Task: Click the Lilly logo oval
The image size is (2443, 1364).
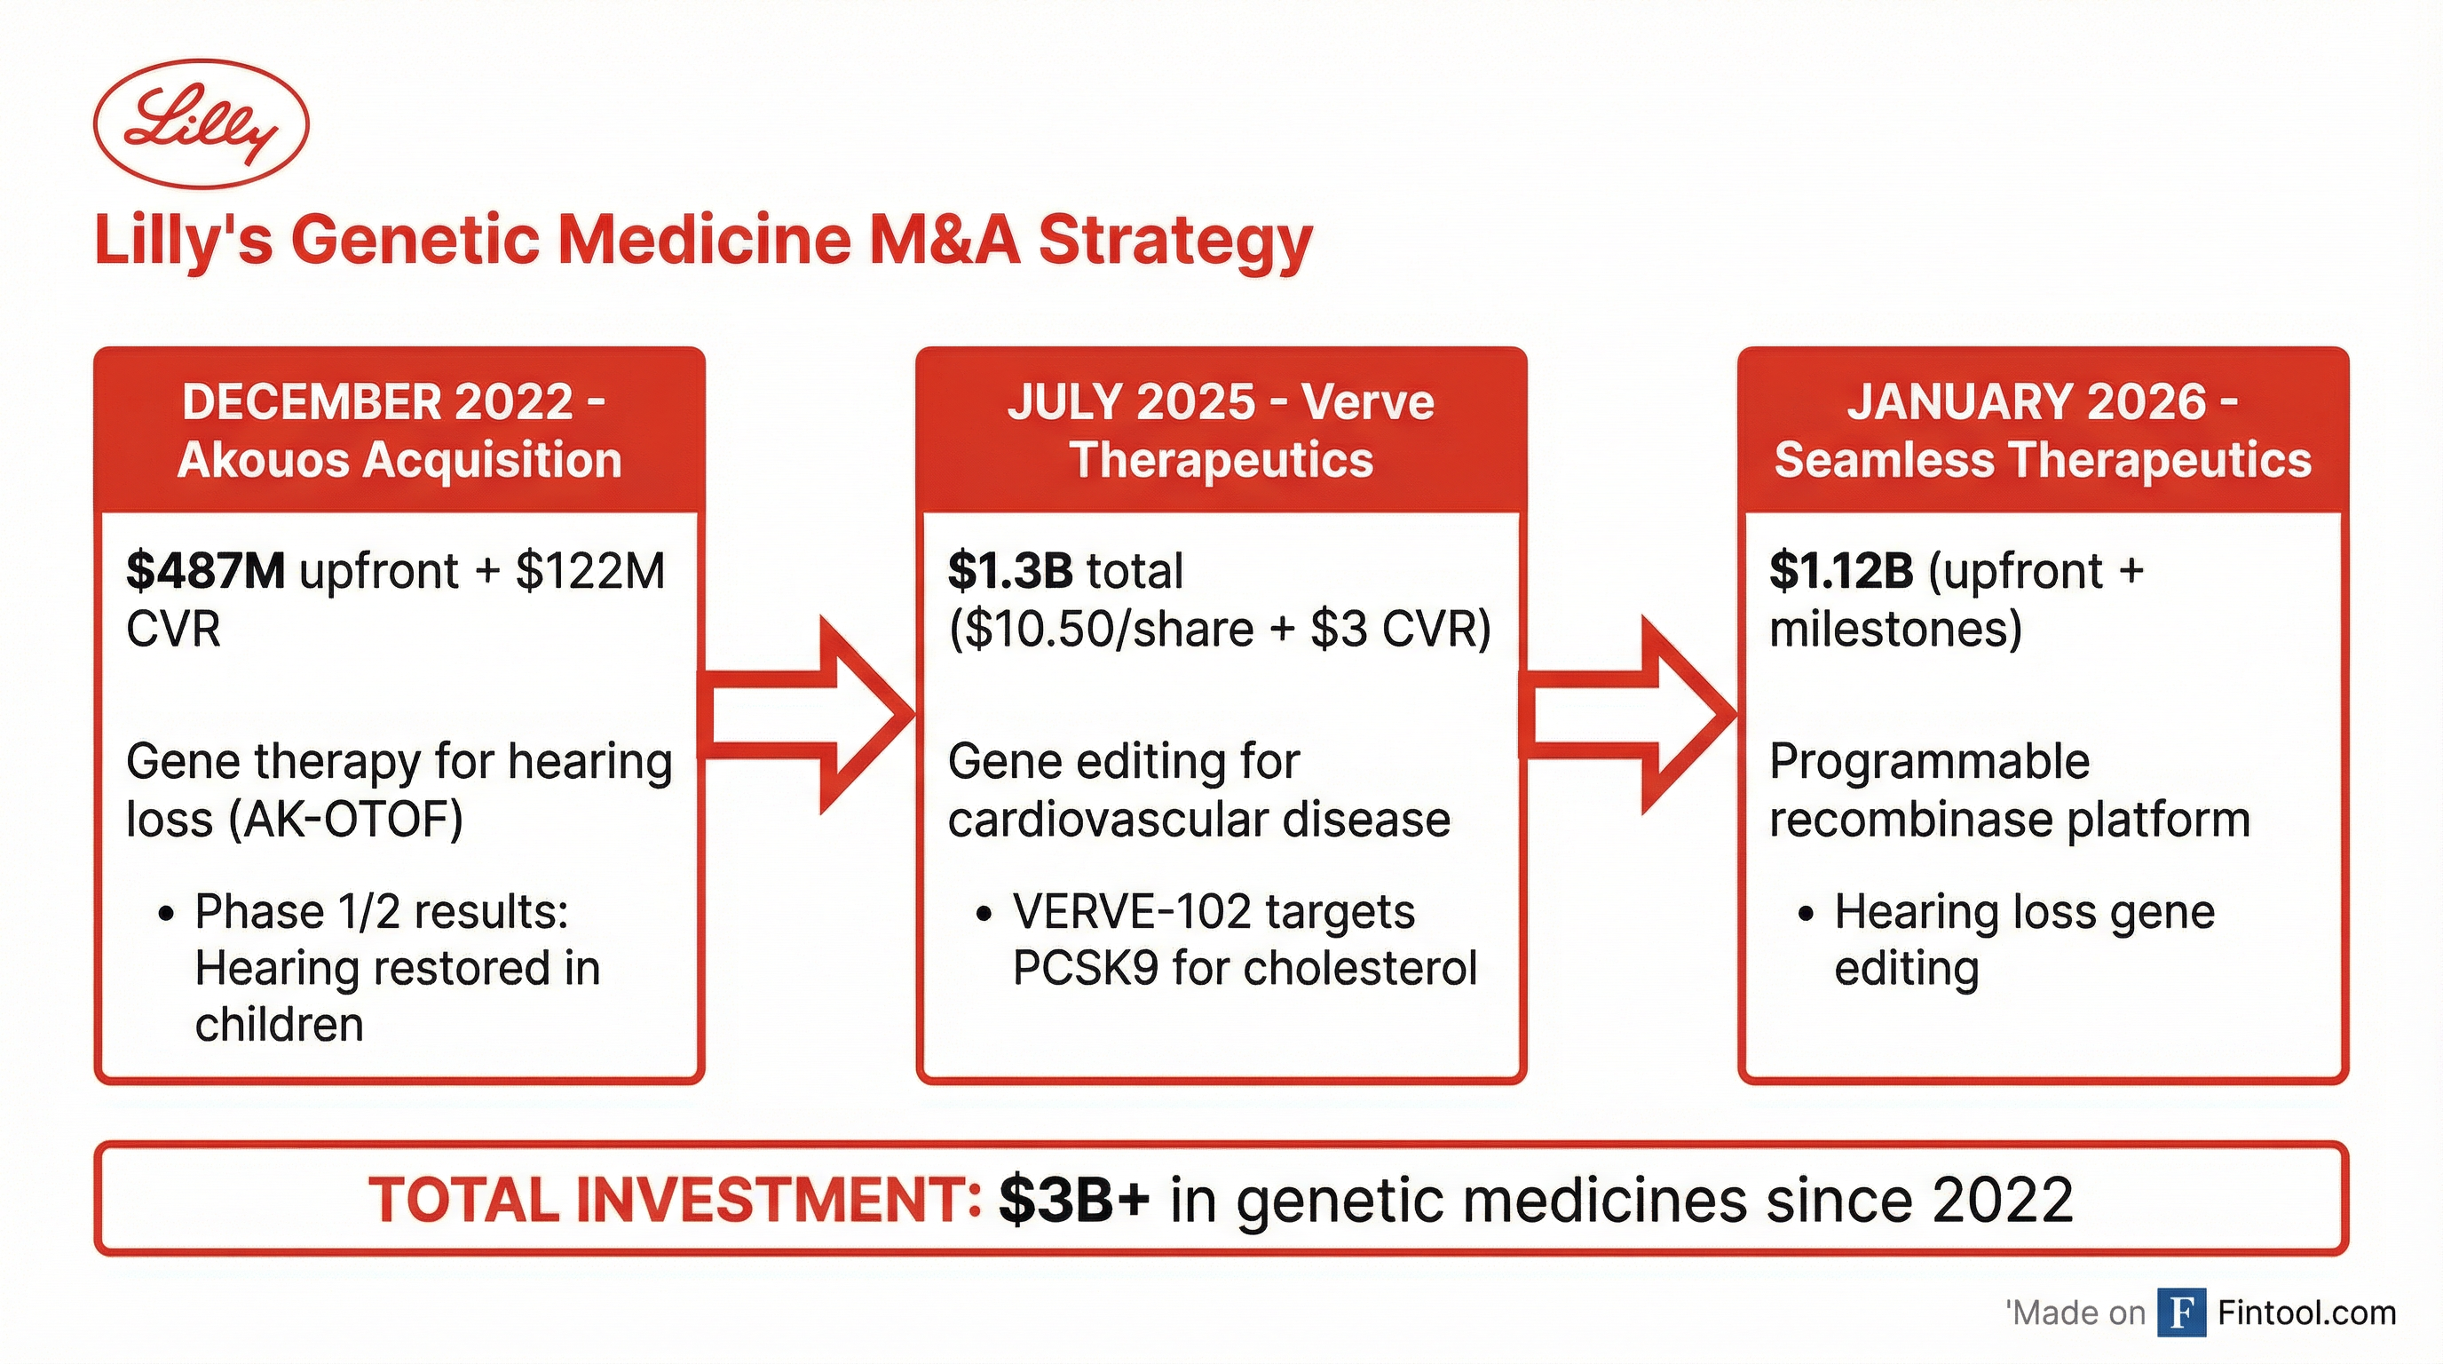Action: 201,124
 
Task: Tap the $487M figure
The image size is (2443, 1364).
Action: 205,571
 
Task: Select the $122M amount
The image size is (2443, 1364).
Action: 589,571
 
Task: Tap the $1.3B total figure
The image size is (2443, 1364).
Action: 1010,571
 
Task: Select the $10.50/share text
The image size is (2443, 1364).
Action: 1100,630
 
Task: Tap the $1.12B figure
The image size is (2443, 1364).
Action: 1841,571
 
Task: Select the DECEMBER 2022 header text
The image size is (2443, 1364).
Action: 377,402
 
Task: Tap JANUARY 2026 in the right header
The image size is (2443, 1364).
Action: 2026,402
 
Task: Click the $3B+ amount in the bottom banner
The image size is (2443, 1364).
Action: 1074,1200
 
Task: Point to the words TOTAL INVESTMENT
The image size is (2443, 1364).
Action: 675,1200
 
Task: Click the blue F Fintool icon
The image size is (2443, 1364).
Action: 2181,1312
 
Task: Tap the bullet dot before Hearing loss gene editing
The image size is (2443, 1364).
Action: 1805,915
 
